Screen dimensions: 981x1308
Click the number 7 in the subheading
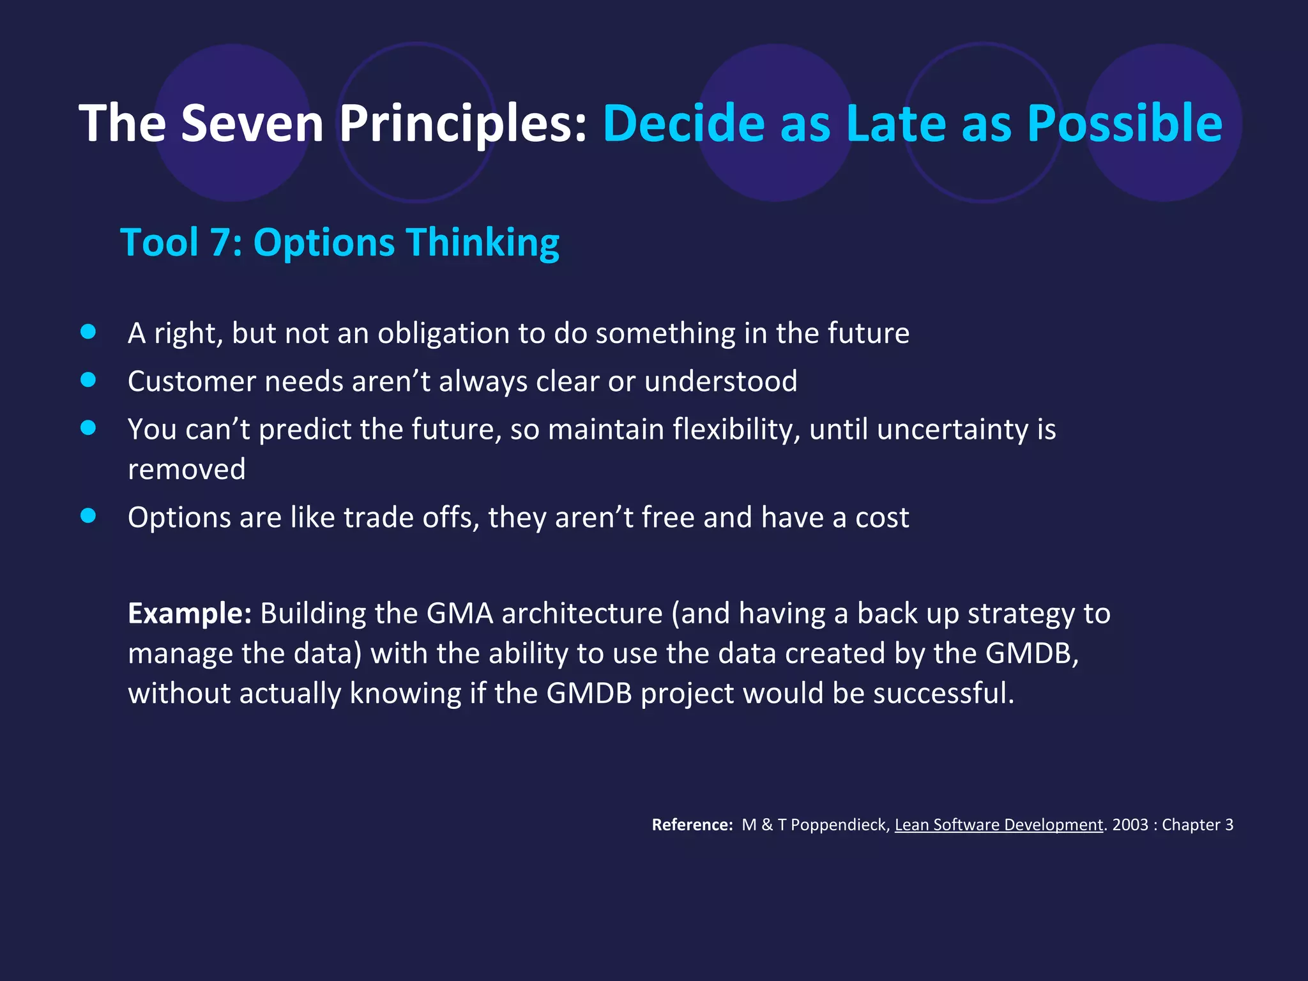click(x=220, y=243)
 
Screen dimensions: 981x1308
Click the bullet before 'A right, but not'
click(x=88, y=331)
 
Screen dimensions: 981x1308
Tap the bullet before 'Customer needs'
click(x=88, y=380)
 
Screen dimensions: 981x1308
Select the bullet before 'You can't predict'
click(x=88, y=428)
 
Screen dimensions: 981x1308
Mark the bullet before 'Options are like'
click(x=88, y=515)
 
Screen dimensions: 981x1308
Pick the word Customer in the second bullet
click(x=192, y=381)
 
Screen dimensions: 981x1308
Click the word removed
click(x=186, y=469)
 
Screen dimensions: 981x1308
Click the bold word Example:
click(x=190, y=613)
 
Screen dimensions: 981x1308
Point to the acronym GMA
click(x=460, y=613)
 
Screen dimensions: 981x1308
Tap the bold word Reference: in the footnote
click(x=692, y=825)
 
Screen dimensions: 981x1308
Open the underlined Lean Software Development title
click(x=998, y=825)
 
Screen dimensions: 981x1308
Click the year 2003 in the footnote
click(x=1130, y=825)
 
